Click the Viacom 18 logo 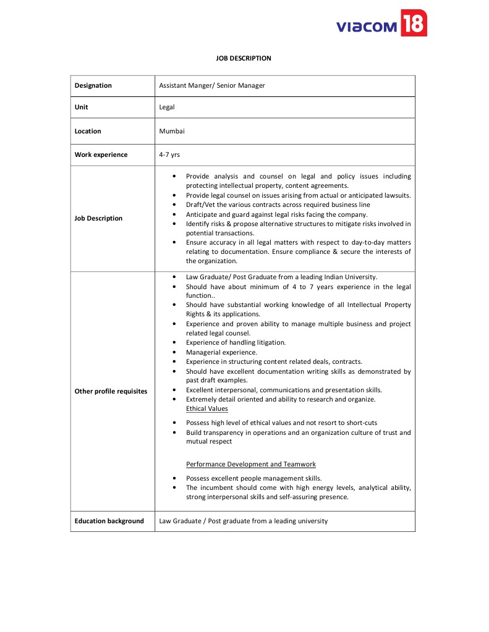381,24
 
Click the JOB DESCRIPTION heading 244,58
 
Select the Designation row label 93,86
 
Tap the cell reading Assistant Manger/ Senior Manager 212,86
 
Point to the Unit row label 82,107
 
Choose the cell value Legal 167,107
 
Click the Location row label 88,131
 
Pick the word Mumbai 172,131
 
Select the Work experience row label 101,155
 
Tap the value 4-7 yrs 169,155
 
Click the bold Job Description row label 99,218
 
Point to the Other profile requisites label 111,391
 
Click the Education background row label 109,521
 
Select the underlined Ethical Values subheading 207,408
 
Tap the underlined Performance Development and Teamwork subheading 251,464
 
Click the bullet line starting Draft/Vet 278,204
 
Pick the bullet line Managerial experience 222,352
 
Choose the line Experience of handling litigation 236,342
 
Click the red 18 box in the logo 414,23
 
